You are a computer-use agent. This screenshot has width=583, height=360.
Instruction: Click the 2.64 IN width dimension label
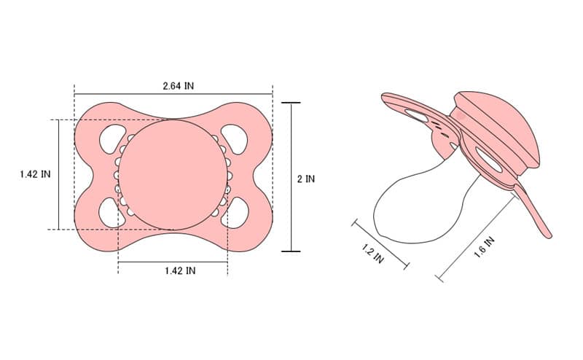[178, 85]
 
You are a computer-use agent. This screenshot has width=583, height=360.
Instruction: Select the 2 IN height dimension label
[306, 179]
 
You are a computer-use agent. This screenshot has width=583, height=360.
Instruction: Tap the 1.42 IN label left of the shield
[35, 174]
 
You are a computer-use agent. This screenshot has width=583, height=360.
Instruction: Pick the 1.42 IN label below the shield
[179, 270]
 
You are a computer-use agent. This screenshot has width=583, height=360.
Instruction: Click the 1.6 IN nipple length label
[485, 249]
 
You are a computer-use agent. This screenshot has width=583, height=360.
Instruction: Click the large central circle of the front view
[173, 175]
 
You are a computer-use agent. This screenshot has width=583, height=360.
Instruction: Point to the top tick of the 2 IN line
[291, 103]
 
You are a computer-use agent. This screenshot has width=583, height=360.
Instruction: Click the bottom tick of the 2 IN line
[291, 251]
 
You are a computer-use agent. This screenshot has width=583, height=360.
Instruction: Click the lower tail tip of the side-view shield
[548, 235]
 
